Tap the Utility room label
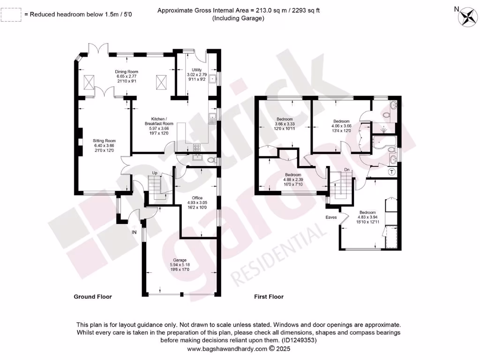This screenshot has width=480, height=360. coord(196,75)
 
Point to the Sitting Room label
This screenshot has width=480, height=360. coord(104,145)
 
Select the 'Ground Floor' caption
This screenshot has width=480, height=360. coord(93,297)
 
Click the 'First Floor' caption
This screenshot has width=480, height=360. coord(269,297)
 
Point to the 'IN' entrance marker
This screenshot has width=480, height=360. coord(135,232)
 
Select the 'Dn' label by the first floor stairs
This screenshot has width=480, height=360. coord(347,170)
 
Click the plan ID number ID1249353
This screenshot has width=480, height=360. coord(298,341)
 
